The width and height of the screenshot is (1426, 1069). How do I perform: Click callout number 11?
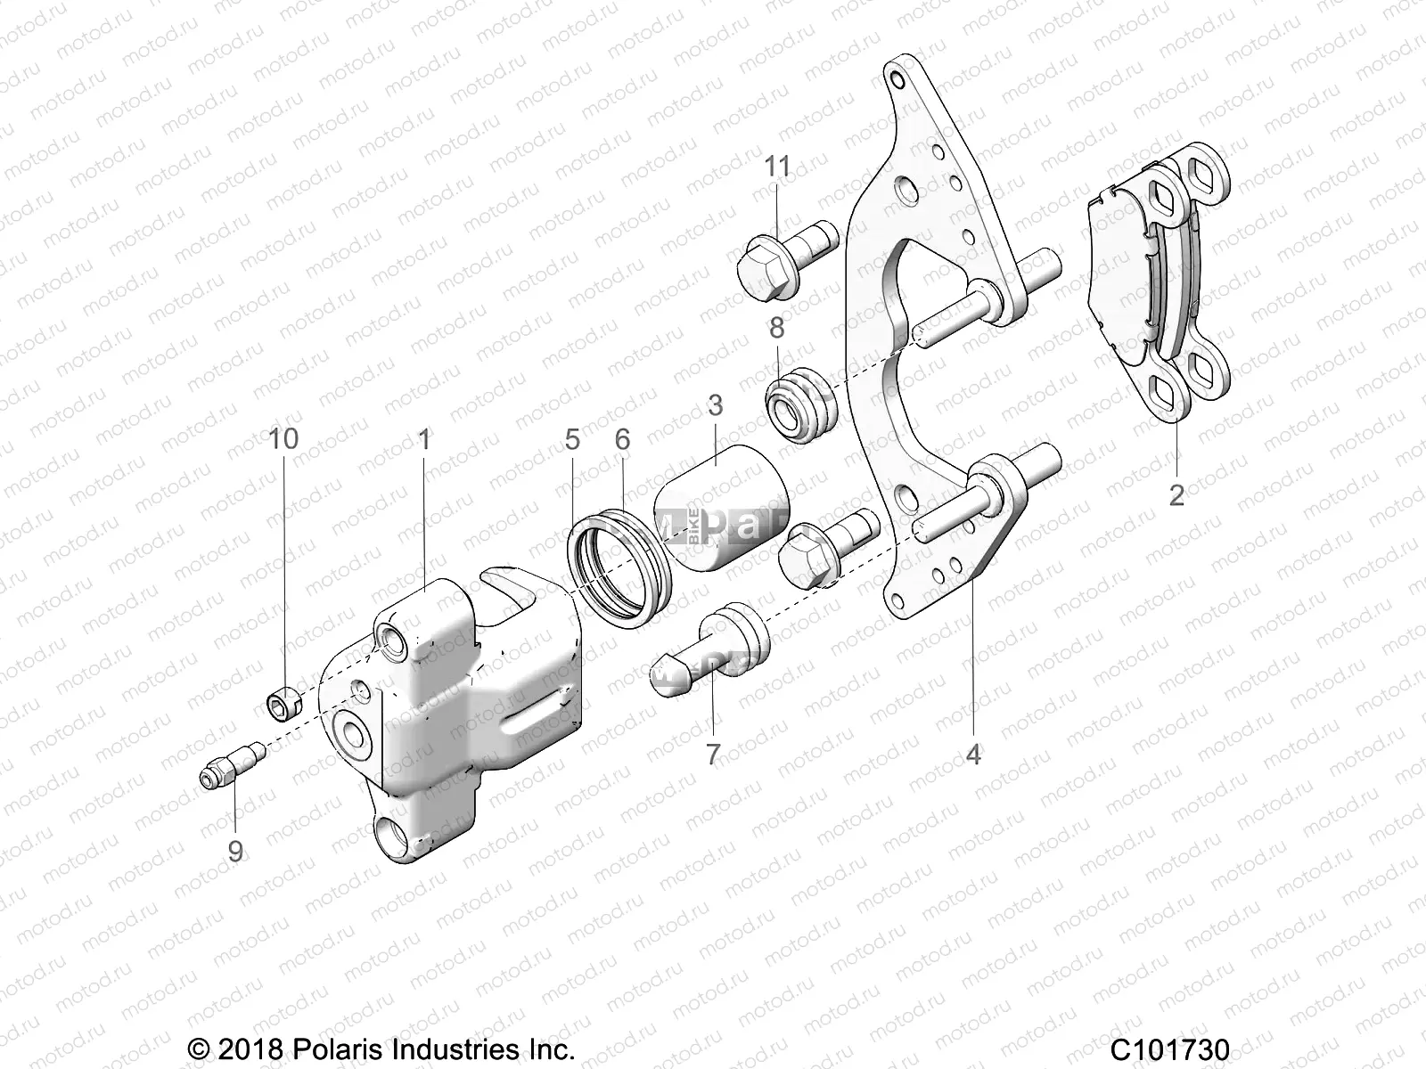(777, 167)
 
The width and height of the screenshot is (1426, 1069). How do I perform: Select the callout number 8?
(777, 328)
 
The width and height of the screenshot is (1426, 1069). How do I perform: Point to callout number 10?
(285, 438)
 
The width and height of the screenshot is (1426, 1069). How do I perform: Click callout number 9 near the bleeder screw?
(235, 851)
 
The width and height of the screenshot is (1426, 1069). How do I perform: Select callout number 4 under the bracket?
(973, 754)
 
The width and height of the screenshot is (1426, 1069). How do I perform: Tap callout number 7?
(713, 754)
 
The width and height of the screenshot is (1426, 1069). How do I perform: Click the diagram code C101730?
(1170, 1048)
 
